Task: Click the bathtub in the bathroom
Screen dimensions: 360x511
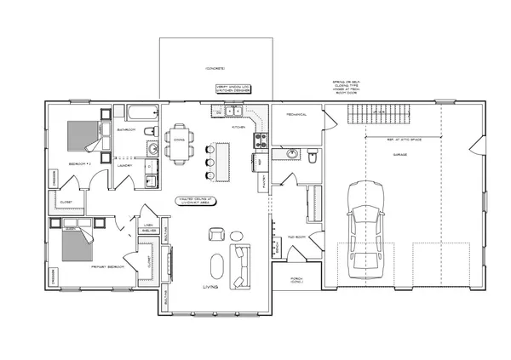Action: tap(141, 111)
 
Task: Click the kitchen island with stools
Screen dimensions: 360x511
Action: tap(224, 159)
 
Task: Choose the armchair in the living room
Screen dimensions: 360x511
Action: tap(216, 234)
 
